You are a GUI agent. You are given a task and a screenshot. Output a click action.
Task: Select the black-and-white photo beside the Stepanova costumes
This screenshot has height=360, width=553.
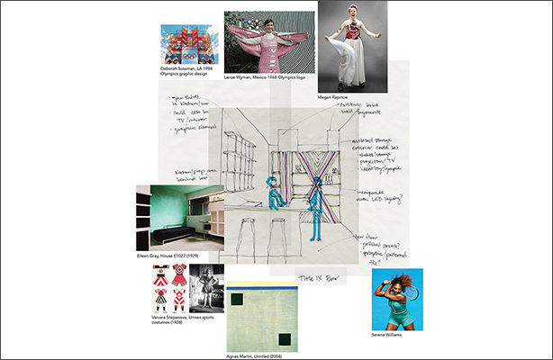[x=207, y=286]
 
